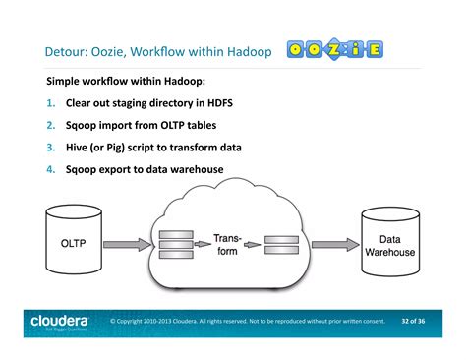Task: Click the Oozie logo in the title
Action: click(x=335, y=49)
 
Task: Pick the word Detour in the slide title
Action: click(x=66, y=50)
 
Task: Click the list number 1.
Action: click(x=50, y=102)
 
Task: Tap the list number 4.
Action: click(x=50, y=169)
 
